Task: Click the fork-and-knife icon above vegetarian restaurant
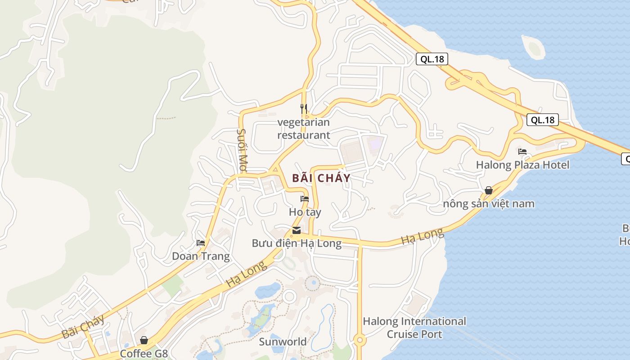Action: (x=304, y=108)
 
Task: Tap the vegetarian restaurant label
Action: (x=304, y=129)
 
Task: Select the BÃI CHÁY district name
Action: (x=321, y=178)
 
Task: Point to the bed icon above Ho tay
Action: (x=305, y=199)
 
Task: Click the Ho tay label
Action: (x=305, y=211)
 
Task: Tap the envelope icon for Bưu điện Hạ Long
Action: (x=297, y=230)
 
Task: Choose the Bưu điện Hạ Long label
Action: (x=297, y=243)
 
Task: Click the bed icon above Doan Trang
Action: (x=201, y=243)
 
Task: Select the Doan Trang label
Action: (x=201, y=256)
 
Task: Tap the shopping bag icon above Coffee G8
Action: (x=144, y=340)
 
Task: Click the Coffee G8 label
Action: (x=144, y=353)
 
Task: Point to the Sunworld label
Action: (x=283, y=342)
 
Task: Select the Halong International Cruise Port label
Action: (x=414, y=328)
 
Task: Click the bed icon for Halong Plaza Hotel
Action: (x=522, y=152)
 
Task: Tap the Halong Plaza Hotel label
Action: (x=522, y=165)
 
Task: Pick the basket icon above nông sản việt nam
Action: (x=489, y=190)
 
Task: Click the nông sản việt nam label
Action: (x=489, y=204)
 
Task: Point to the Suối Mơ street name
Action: (x=242, y=150)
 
